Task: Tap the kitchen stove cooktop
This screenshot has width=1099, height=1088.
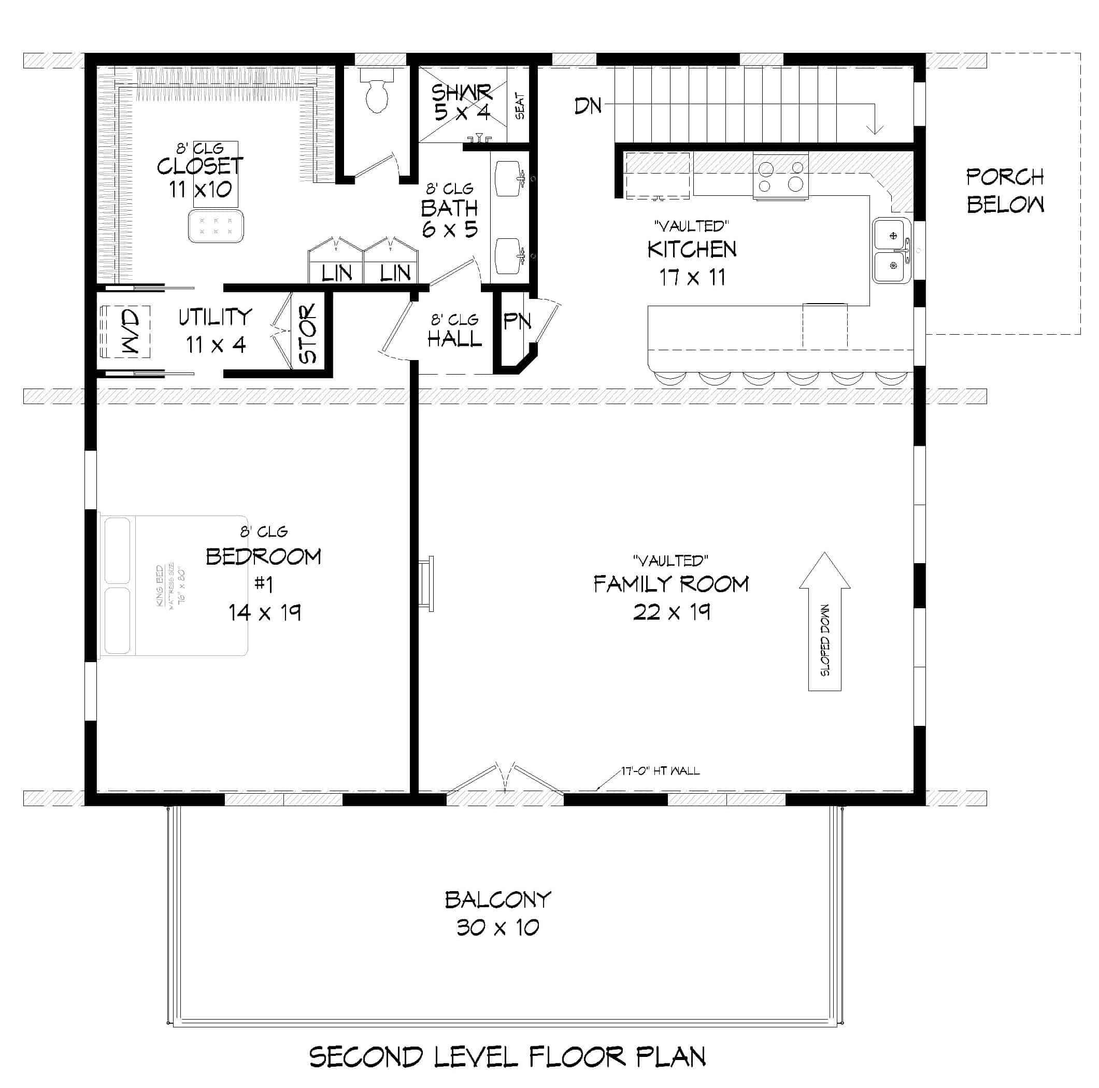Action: (780, 176)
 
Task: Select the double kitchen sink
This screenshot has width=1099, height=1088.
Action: (892, 250)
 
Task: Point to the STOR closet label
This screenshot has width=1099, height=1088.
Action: (308, 333)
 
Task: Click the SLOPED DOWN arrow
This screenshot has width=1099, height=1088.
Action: (824, 621)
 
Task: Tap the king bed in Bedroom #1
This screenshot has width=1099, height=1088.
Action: (174, 585)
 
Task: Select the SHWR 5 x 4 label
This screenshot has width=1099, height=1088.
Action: (461, 103)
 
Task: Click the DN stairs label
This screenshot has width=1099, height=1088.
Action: (588, 106)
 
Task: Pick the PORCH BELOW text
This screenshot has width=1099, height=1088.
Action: (1005, 191)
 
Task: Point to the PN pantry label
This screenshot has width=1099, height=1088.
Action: (517, 321)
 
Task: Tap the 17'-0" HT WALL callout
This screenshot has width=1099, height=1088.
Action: (660, 770)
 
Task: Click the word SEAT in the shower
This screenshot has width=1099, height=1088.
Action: (520, 106)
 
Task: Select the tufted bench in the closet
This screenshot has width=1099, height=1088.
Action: (216, 226)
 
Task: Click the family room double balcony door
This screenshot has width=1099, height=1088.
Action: (505, 778)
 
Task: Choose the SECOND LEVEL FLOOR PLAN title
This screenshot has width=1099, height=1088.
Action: (507, 1057)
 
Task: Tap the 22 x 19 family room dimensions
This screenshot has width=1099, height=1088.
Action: (671, 612)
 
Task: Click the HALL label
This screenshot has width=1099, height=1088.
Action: (454, 339)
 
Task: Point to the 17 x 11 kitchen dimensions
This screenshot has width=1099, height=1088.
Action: (692, 278)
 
